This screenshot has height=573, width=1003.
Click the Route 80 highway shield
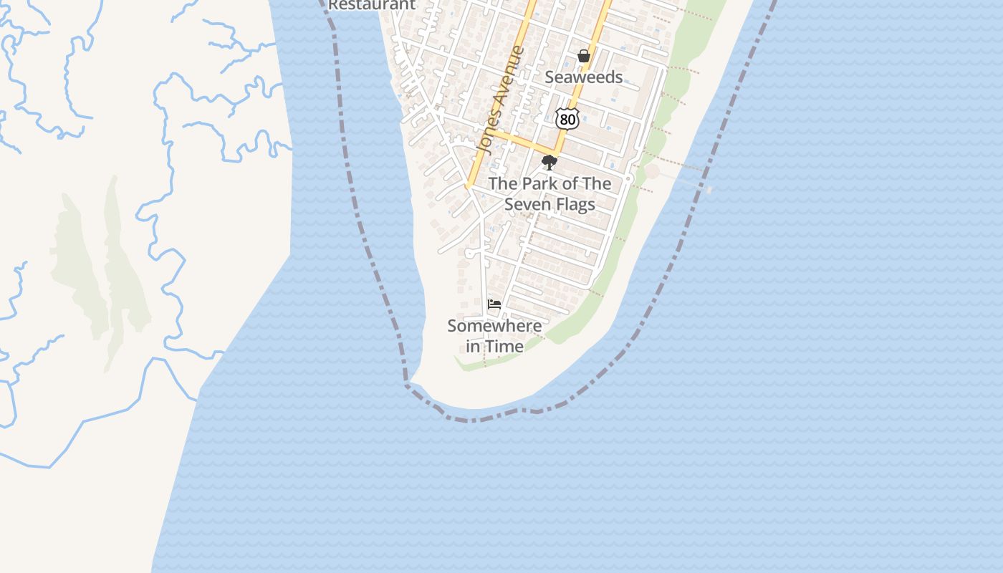point(567,119)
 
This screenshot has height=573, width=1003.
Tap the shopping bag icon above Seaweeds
point(584,56)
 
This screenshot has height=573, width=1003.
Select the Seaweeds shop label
point(584,77)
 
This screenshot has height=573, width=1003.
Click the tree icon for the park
point(550,163)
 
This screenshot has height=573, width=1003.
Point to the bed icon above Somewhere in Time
point(494,304)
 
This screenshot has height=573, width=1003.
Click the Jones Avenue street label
point(501,100)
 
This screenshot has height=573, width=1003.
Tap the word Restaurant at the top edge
point(372,4)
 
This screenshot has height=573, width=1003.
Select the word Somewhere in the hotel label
point(494,326)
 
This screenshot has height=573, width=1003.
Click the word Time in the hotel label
point(504,346)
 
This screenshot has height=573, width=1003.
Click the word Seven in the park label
point(527,204)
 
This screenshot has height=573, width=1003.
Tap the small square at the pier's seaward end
point(709,189)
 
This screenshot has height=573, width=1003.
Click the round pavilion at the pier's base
point(652,172)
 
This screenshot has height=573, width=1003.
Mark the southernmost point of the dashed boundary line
point(471,420)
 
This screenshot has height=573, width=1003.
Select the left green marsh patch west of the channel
point(75,265)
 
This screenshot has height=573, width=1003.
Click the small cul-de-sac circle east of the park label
point(628,178)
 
